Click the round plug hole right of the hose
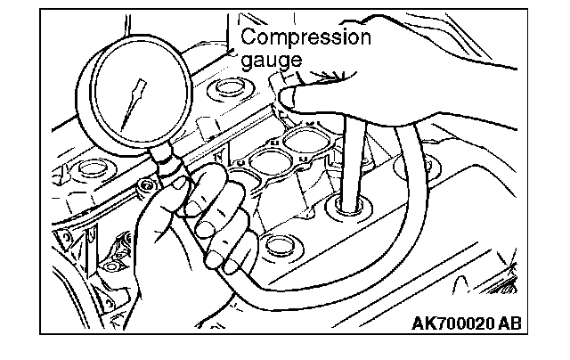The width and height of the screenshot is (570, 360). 427,166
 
